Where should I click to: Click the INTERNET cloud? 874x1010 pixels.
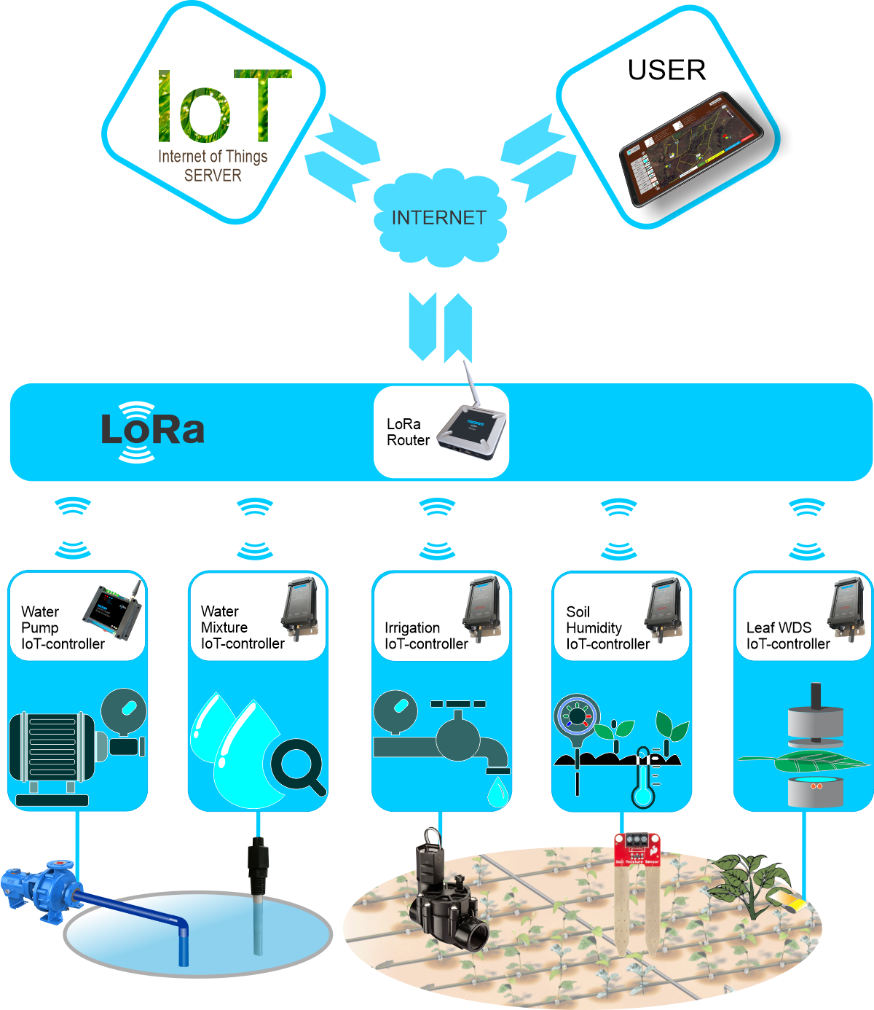pyautogui.click(x=438, y=218)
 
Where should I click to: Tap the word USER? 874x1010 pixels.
pyautogui.click(x=666, y=70)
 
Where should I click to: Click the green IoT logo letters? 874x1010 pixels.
pyautogui.click(x=222, y=106)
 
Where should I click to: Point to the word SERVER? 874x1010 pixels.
pyautogui.click(x=213, y=176)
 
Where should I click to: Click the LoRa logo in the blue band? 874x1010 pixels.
pyautogui.click(x=152, y=431)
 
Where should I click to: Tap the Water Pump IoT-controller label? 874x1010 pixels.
pyautogui.click(x=63, y=627)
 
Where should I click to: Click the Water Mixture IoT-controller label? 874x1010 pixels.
pyautogui.click(x=242, y=627)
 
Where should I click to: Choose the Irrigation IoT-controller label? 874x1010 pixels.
pyautogui.click(x=426, y=635)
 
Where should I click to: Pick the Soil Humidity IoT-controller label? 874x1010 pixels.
pyautogui.click(x=607, y=627)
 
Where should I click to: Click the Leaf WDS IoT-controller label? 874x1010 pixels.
pyautogui.click(x=787, y=635)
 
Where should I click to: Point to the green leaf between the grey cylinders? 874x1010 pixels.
pyautogui.click(x=801, y=762)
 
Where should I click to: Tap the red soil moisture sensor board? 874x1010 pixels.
pyautogui.click(x=637, y=848)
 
